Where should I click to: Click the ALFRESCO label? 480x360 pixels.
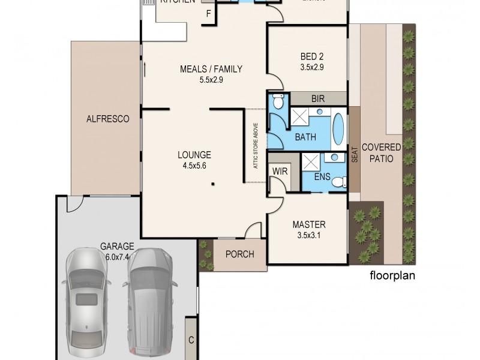pos(108,119)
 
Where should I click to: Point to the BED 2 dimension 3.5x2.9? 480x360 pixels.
pos(312,67)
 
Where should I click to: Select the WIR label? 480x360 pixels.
pos(279,171)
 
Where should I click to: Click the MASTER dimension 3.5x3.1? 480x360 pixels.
pos(308,235)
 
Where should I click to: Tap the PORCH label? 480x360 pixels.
pos(239,254)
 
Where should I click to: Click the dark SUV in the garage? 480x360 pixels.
pos(150,300)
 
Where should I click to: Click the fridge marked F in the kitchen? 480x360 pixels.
pos(208,14)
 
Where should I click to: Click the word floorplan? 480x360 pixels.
pos(392,277)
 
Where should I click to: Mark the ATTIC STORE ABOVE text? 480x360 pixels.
pos(255,146)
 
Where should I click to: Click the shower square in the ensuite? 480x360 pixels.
pos(311,161)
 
